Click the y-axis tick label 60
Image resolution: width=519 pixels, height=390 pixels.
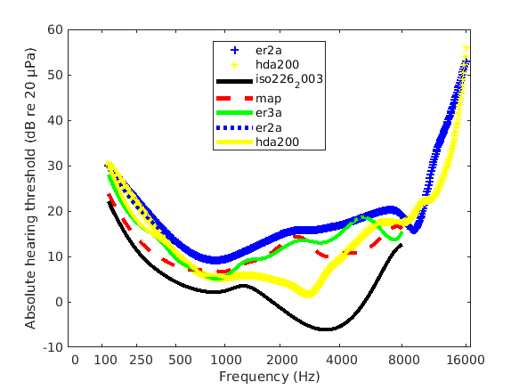coord(56,29)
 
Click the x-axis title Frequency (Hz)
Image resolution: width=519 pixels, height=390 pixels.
coord(269,376)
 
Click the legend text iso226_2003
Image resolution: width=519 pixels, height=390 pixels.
coord(288,79)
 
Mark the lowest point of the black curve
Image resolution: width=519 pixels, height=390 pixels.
coord(327,329)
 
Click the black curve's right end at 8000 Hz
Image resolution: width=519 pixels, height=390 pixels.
coord(401,244)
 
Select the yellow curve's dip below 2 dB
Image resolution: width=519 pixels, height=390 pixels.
coord(308,294)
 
